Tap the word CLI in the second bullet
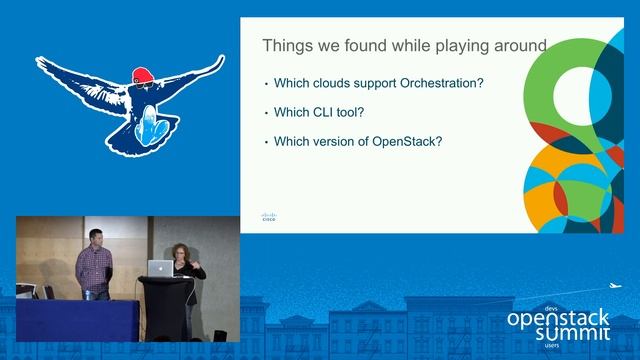(x=324, y=112)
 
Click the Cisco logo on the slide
(x=268, y=217)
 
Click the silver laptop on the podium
(x=160, y=267)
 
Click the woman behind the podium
(x=187, y=262)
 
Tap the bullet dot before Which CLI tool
(x=266, y=113)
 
